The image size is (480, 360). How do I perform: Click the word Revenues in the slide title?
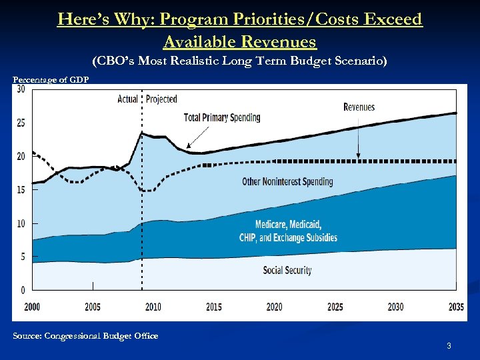point(273,42)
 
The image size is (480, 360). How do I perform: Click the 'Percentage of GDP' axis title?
point(51,80)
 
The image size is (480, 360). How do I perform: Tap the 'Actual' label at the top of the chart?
point(127,99)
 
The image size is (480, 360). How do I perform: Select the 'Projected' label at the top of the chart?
point(161,99)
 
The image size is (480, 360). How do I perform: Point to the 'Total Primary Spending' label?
point(222,118)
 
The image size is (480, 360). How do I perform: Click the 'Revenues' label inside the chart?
point(359,107)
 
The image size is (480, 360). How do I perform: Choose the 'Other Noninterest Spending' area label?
point(287,181)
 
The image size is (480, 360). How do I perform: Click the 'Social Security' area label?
point(287,270)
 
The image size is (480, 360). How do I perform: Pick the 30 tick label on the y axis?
point(21,89)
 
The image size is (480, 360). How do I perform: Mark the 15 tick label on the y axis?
point(21,190)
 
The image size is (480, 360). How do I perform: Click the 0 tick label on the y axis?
point(23,290)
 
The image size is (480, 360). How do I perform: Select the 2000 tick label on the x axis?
point(32,307)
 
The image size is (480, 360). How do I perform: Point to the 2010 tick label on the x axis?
point(153,307)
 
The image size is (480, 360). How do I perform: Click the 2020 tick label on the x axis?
point(274,307)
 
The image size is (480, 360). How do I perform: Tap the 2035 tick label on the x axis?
point(456,307)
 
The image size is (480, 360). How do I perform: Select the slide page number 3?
point(449,346)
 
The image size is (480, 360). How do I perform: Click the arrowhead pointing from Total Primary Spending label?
point(189,146)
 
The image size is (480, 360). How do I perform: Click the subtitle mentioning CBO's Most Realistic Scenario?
point(239,61)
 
